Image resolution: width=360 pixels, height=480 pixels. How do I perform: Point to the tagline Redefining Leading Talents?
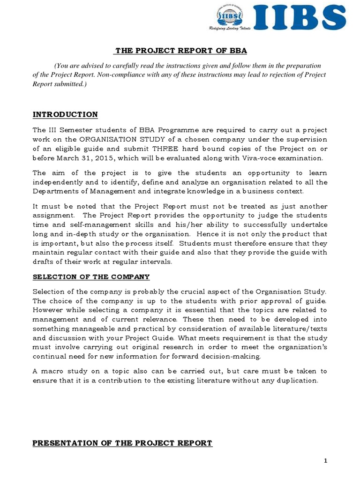pos(230,29)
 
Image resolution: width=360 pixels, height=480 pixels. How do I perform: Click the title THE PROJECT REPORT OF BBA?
pos(181,51)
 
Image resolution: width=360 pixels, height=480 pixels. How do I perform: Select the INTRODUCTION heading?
pos(65,115)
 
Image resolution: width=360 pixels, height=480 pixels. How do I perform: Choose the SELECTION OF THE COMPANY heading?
pos(91,277)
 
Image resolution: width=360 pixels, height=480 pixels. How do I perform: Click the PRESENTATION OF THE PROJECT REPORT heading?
pos(122,443)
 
